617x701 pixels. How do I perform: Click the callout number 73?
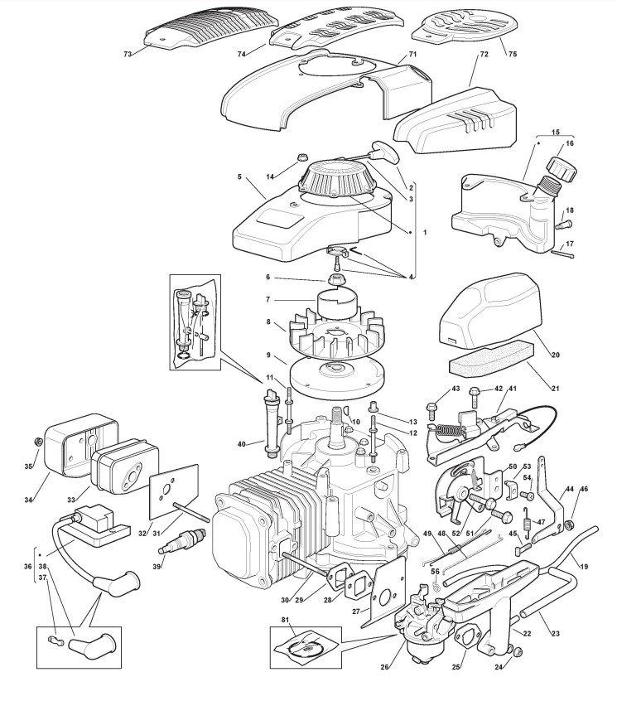128,54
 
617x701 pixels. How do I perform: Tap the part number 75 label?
512,54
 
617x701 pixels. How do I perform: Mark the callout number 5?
239,177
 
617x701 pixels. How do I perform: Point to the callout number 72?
484,54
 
